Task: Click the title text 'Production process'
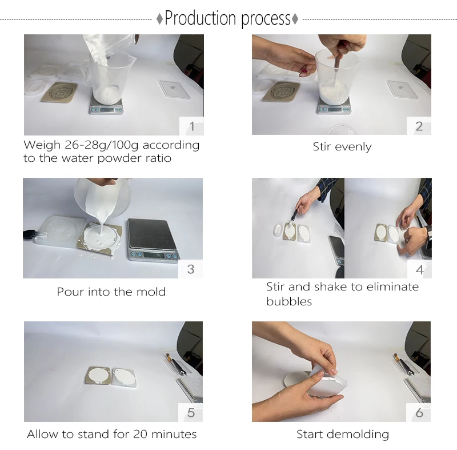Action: [x=228, y=19]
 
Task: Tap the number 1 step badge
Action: [x=191, y=126]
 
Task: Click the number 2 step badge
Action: [x=419, y=126]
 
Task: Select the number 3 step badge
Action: [x=191, y=269]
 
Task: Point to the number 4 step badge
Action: [x=419, y=269]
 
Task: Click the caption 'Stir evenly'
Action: [x=342, y=147]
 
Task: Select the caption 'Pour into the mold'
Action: [x=111, y=292]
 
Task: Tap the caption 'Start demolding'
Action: [x=343, y=435]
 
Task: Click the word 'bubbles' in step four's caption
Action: [x=289, y=301]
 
